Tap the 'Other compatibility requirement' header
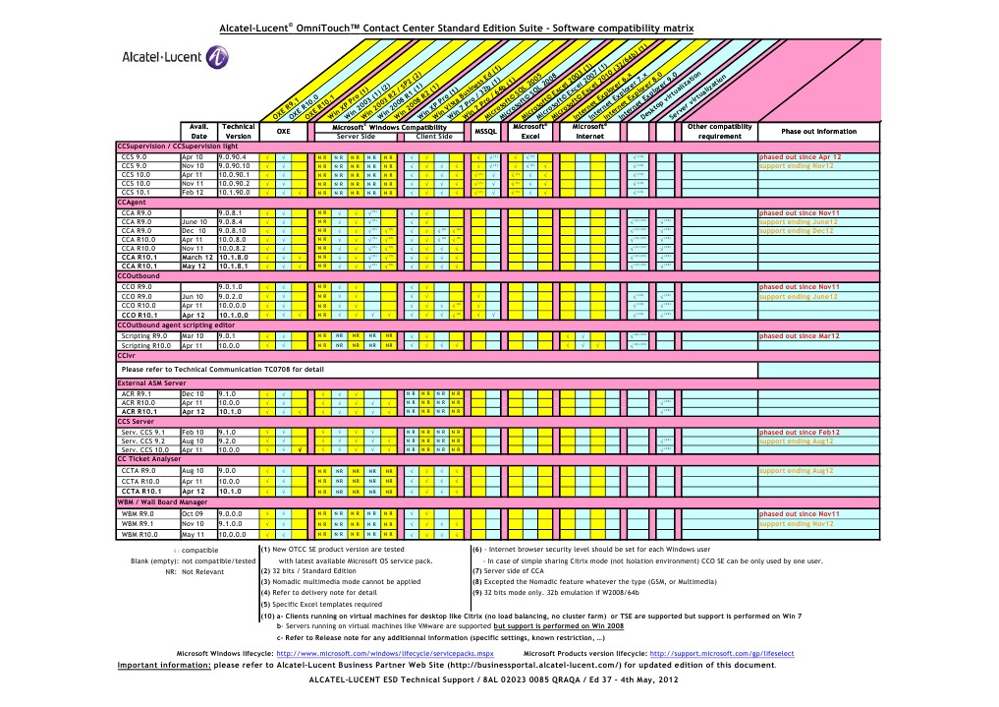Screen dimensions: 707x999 tap(719, 132)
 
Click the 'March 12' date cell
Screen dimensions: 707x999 tap(198, 257)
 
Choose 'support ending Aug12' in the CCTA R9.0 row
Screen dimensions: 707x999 tap(797, 471)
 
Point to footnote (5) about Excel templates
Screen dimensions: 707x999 tap(321, 603)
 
